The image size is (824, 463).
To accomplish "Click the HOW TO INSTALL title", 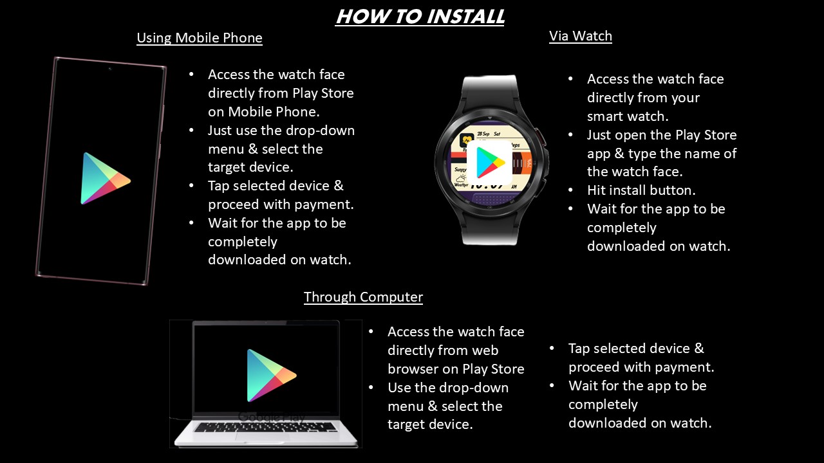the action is tap(420, 17).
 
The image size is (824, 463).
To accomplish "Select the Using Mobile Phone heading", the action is tap(200, 38).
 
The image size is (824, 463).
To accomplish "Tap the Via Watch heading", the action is tap(581, 36).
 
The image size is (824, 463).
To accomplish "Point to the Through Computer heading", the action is tap(363, 297).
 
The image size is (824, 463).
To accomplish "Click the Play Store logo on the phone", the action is tap(105, 179).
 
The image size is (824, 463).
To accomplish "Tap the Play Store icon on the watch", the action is tap(490, 163).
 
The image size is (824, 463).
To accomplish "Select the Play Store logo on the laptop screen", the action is tap(272, 376).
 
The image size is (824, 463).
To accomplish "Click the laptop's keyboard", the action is tap(266, 427).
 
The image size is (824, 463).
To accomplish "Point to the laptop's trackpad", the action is tap(266, 437).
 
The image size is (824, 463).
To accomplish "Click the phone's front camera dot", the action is tap(109, 69).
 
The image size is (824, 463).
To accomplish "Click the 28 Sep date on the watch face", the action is tap(483, 134).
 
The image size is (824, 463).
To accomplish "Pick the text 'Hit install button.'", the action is tap(641, 190).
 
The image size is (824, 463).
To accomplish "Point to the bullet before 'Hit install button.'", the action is tap(570, 190).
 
